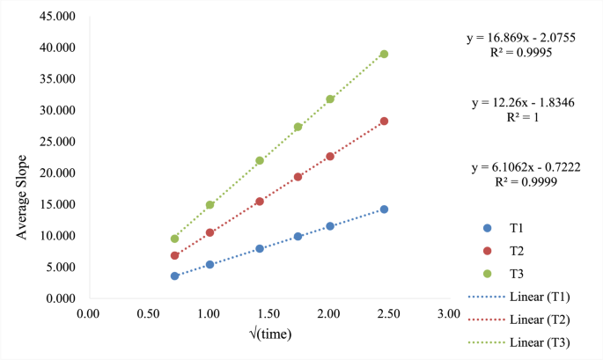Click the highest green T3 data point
coord(384,54)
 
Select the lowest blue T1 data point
coord(174,276)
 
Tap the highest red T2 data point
coord(384,121)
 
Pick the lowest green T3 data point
coord(174,239)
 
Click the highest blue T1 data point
coord(384,209)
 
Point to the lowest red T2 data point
coord(174,255)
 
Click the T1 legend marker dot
coord(488,228)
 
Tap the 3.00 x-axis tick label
coord(449,313)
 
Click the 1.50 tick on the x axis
coord(268,313)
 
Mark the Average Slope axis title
coord(22,197)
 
